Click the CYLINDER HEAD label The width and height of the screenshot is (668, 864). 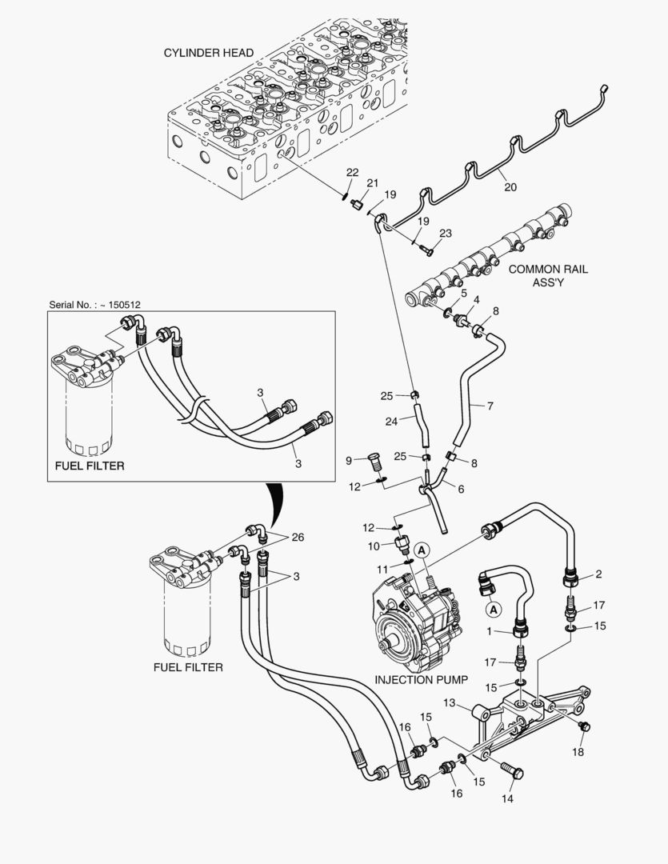tap(209, 53)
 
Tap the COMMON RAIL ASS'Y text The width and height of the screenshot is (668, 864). tap(548, 276)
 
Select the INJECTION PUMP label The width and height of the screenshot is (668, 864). tap(421, 679)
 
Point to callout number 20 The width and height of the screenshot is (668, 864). tap(510, 187)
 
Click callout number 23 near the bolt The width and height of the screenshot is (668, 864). tap(446, 234)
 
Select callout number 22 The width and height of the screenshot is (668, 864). tap(352, 173)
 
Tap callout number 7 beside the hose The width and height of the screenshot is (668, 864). tap(490, 406)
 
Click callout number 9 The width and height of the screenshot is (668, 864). tap(349, 460)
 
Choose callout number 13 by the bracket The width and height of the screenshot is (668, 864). tap(450, 703)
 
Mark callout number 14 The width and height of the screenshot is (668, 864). tap(507, 798)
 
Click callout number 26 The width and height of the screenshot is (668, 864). tap(297, 537)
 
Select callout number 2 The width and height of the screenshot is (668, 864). tap(598, 574)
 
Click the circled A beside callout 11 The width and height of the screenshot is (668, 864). tap(422, 549)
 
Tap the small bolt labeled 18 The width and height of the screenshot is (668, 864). tap(583, 726)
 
